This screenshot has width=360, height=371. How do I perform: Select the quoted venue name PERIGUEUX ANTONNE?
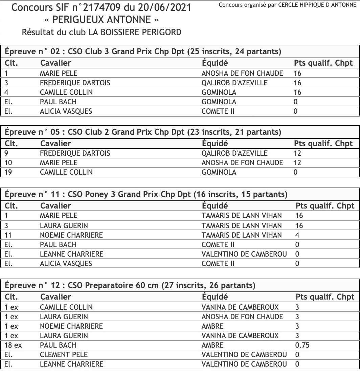(x=102, y=20)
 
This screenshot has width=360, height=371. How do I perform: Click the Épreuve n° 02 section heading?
(x=143, y=52)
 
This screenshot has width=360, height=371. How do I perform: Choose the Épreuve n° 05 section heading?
(x=143, y=132)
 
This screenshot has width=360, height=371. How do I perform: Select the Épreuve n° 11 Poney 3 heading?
(x=146, y=195)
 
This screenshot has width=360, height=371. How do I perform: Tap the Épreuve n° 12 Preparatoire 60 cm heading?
(x=130, y=285)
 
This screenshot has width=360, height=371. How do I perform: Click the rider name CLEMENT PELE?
(x=64, y=355)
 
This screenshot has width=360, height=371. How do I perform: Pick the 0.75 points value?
(x=302, y=345)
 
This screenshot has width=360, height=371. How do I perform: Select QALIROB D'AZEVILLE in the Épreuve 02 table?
(x=234, y=83)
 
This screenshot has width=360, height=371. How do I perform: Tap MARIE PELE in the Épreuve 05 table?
(x=59, y=163)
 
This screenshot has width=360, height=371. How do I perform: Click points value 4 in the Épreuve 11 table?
(x=297, y=235)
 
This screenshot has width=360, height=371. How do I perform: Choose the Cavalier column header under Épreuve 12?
(x=55, y=297)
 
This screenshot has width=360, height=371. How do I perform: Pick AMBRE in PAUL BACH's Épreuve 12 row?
(x=212, y=345)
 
